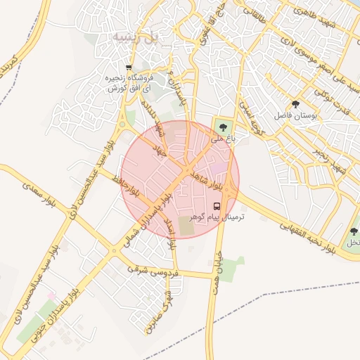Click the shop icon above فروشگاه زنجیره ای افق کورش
pyautogui.click(x=129, y=67)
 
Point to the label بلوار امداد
pyautogui.click(x=169, y=233)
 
